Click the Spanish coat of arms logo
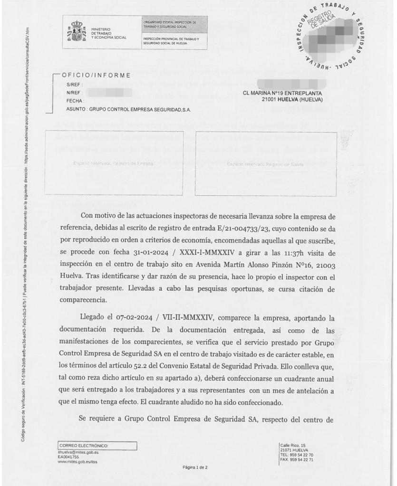76,31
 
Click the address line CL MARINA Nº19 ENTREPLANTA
282,93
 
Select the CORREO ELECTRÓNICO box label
84,446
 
